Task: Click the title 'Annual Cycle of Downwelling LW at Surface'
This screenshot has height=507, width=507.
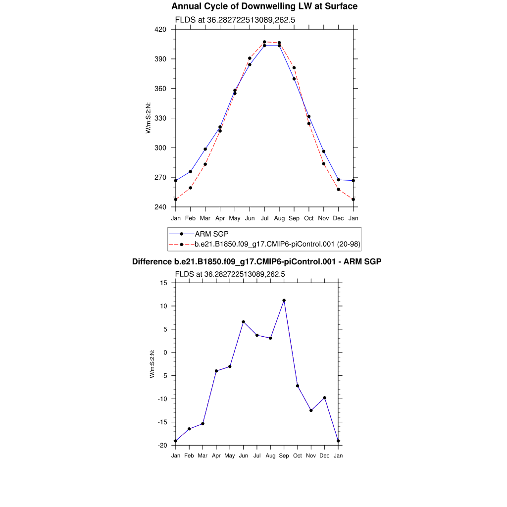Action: point(264,6)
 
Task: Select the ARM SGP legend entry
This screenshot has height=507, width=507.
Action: point(211,234)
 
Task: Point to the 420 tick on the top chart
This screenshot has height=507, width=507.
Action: point(160,29)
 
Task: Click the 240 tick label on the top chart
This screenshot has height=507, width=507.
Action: point(160,207)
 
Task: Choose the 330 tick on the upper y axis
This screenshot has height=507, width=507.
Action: point(160,118)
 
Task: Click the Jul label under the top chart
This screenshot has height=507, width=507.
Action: point(264,218)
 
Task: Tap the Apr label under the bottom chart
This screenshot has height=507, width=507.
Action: point(216,456)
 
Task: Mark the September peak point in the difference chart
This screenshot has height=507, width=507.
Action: point(284,301)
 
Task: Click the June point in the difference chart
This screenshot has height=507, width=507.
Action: point(243,322)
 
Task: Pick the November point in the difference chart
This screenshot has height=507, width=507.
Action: point(311,410)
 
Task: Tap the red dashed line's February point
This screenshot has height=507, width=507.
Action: point(190,188)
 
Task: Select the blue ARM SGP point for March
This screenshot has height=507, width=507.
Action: point(205,149)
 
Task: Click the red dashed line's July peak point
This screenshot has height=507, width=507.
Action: point(264,42)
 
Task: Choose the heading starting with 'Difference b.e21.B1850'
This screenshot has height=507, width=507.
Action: point(256,261)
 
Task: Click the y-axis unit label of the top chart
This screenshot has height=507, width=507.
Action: point(148,118)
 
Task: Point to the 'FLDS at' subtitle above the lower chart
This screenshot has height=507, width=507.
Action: point(230,274)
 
